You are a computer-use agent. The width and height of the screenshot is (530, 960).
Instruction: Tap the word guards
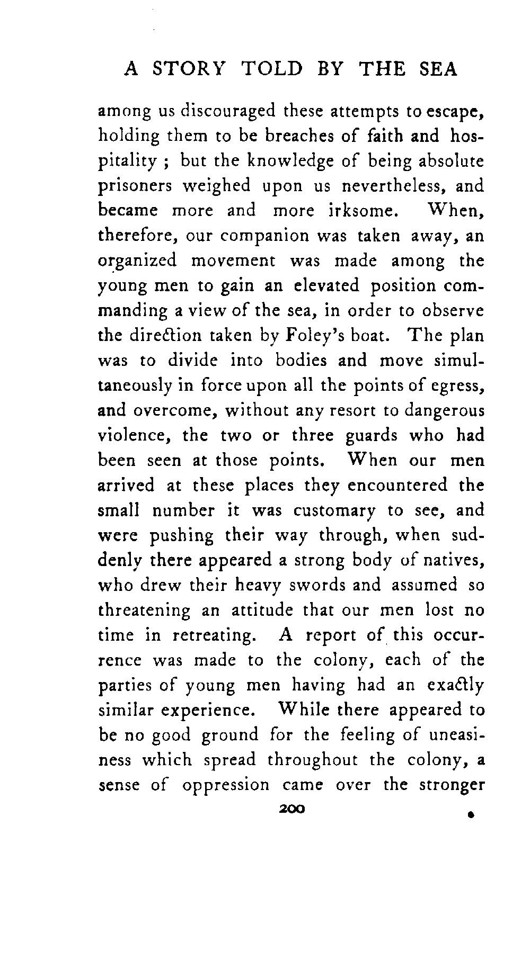tap(371, 436)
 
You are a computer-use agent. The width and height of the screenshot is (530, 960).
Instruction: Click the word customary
tap(334, 511)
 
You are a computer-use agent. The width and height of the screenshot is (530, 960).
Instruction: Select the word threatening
tap(144, 611)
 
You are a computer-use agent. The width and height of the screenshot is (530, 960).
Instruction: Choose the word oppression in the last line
tap(226, 784)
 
